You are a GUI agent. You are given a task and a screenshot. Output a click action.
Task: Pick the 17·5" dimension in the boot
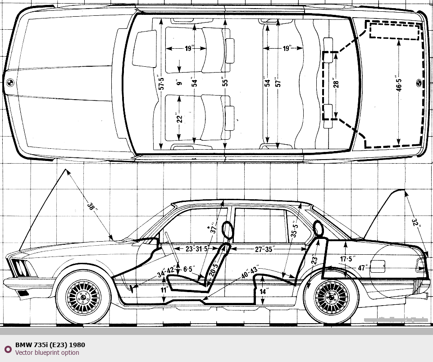348,259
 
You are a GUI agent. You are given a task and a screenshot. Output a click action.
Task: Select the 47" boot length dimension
361,267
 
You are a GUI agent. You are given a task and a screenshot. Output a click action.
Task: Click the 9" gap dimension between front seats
179,82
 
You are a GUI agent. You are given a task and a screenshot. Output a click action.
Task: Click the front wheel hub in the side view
83,297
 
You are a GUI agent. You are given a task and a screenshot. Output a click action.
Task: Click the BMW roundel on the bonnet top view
10,83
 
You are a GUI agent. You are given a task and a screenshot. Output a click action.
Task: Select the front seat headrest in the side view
228,230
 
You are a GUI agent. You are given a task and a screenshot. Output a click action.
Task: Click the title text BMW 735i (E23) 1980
50,345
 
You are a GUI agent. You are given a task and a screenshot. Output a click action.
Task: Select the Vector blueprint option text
47,353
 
